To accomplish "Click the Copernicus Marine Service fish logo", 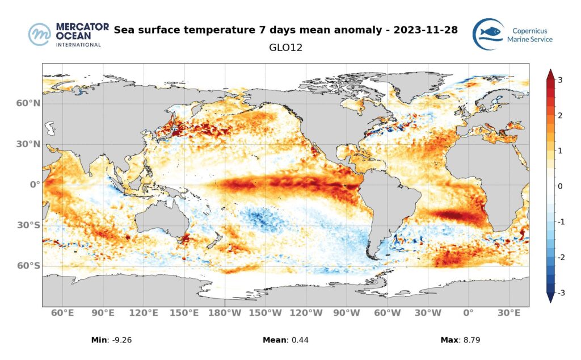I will pyautogui.click(x=488, y=34).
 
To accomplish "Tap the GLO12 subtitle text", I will pyautogui.click(x=285, y=48).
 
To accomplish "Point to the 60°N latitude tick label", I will pyautogui.click(x=28, y=103).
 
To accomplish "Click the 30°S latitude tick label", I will pyautogui.click(x=28, y=225).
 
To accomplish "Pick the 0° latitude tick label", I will pyautogui.click(x=33, y=185).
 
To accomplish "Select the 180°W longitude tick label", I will pyautogui.click(x=225, y=313).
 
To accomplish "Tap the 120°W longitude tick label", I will pyautogui.click(x=306, y=313).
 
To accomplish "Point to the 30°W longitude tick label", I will pyautogui.click(x=428, y=313).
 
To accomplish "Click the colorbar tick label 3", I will pyautogui.click(x=560, y=80).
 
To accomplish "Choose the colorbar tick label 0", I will pyautogui.click(x=560, y=186).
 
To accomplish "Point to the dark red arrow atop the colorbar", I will pyautogui.click(x=549, y=74).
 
